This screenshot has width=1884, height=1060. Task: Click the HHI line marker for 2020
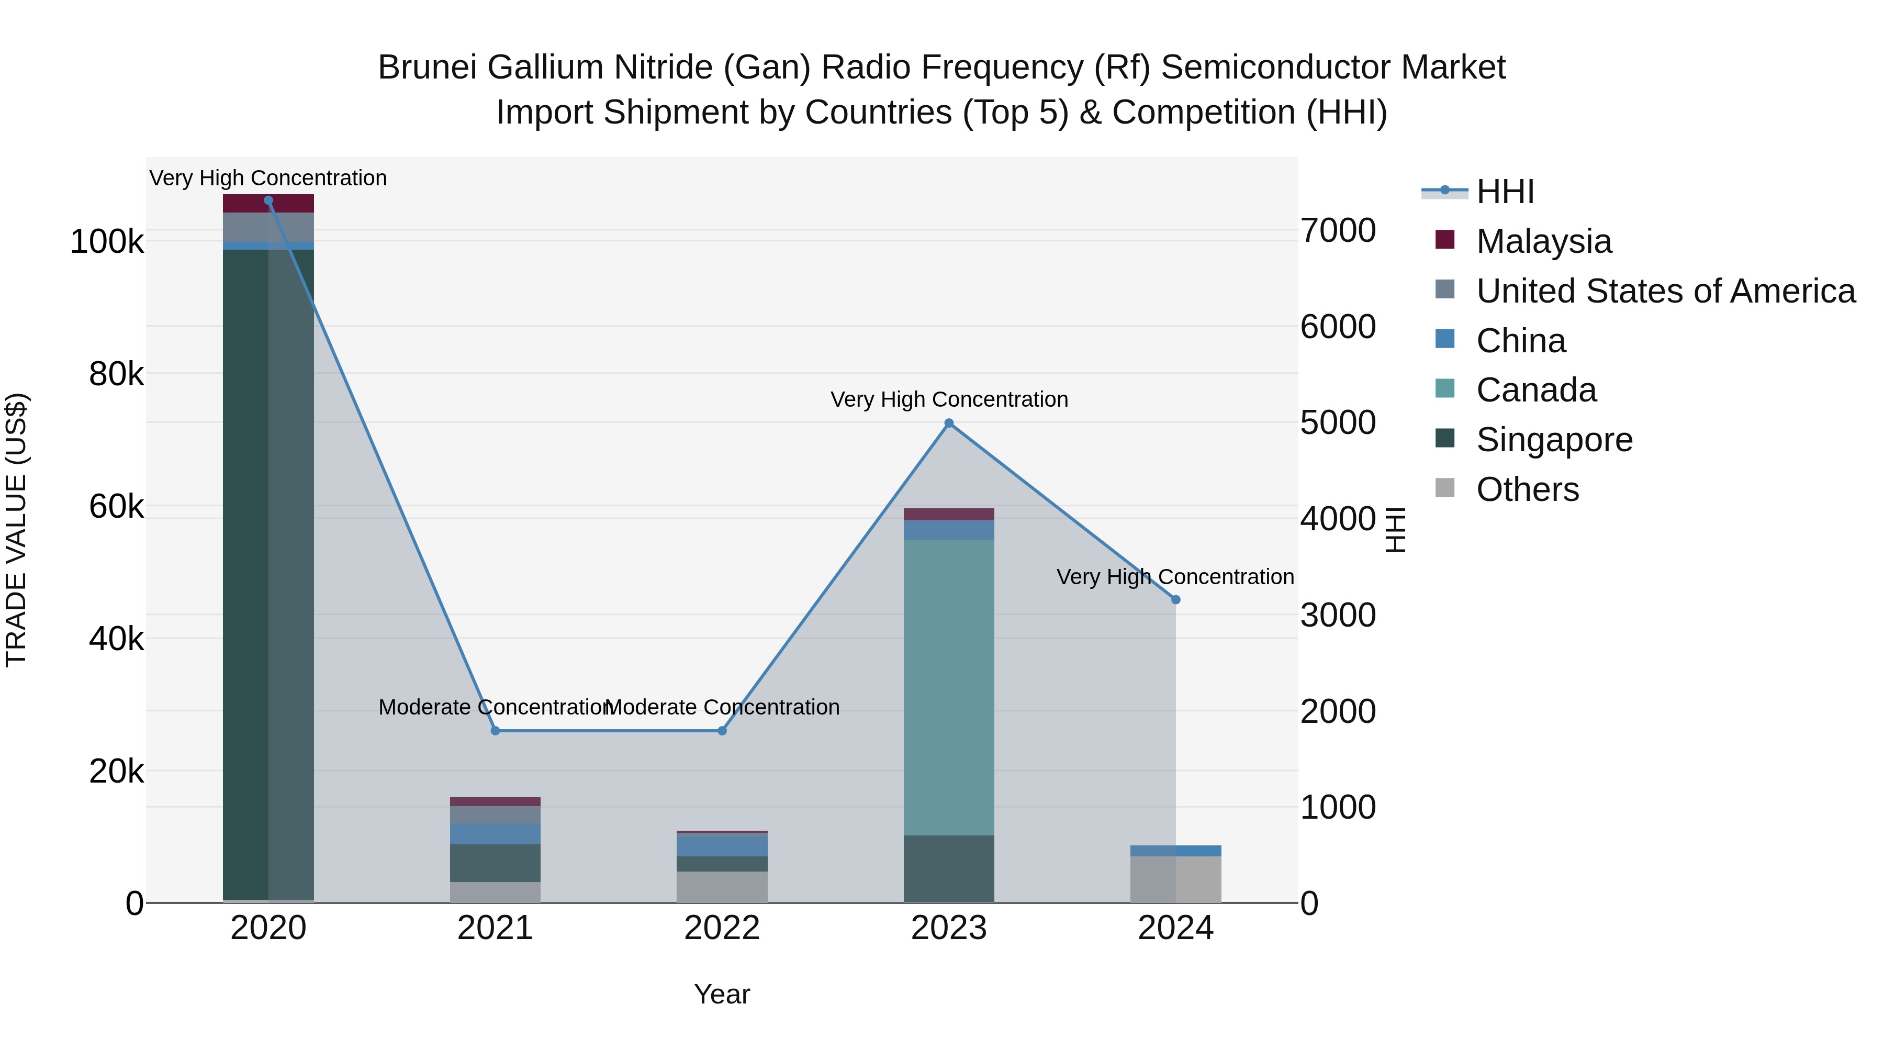(268, 200)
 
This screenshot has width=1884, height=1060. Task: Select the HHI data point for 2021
(495, 731)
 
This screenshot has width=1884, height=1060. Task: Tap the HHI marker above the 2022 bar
(722, 731)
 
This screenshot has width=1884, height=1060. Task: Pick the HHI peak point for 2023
(949, 423)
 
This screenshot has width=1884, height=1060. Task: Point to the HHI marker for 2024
(1175, 600)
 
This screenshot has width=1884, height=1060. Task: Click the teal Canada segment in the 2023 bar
(949, 688)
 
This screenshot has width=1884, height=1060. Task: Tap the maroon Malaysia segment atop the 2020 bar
(268, 204)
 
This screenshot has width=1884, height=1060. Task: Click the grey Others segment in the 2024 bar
(1175, 879)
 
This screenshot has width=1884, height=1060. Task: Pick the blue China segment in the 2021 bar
(495, 834)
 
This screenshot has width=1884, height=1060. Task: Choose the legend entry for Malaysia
(1543, 241)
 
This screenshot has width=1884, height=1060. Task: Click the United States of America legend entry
(1665, 291)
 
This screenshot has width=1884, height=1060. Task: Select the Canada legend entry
(1536, 390)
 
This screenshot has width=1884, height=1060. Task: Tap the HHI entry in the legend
(1505, 192)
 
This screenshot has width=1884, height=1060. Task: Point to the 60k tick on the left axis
(116, 506)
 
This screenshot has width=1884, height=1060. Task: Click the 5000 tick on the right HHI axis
(1338, 423)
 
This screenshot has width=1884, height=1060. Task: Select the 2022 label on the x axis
(722, 928)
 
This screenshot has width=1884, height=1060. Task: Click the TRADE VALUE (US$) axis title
(16, 530)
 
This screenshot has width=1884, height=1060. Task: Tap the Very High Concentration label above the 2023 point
(949, 399)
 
